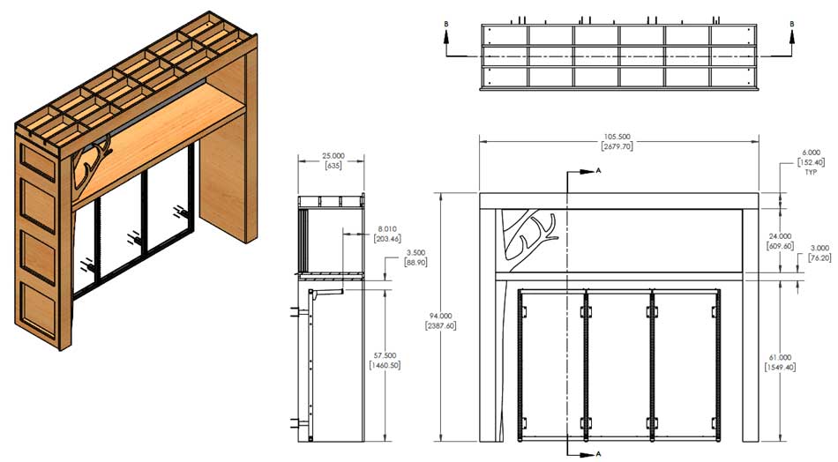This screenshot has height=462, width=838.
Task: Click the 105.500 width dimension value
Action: pyautogui.click(x=618, y=137)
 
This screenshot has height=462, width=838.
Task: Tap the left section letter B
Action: pyautogui.click(x=447, y=25)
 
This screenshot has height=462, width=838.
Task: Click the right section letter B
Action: pyautogui.click(x=791, y=25)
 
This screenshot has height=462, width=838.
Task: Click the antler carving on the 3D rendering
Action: pyautogui.click(x=91, y=164)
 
